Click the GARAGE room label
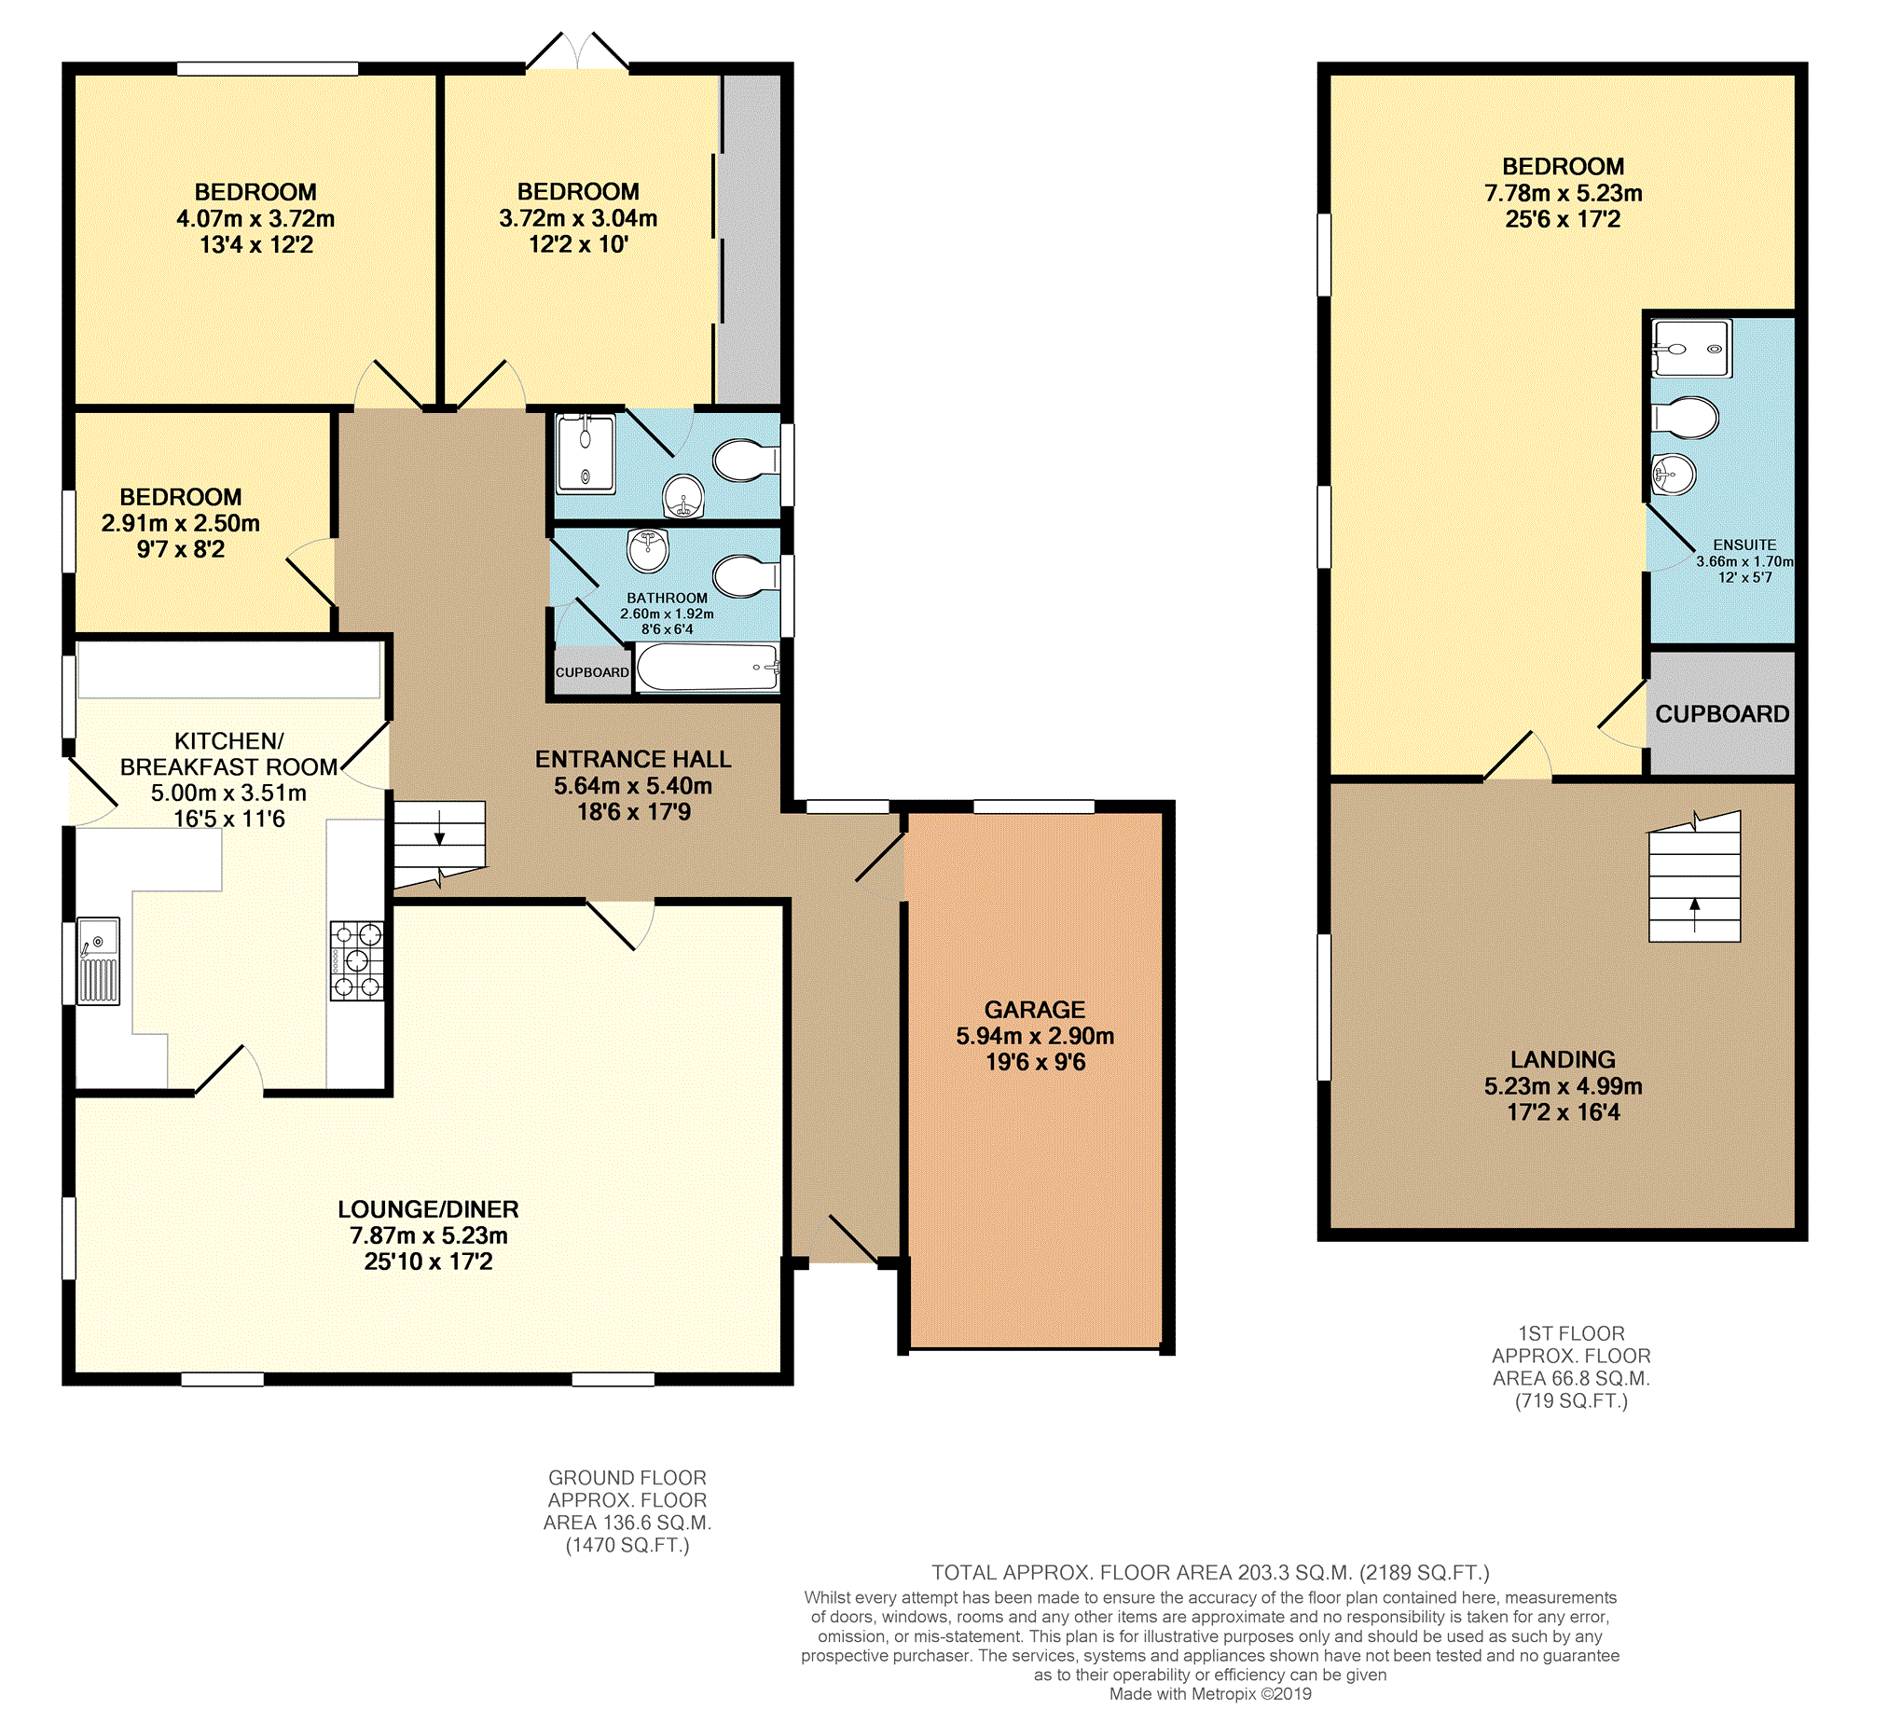tap(1034, 1010)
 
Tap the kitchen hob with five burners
tap(356, 959)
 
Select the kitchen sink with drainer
tap(98, 960)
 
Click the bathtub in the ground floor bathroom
tap(708, 668)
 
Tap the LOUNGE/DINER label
tap(428, 1209)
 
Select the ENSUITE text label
tap(1744, 545)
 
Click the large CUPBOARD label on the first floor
tap(1722, 714)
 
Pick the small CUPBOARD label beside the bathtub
tap(592, 672)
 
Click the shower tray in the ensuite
tap(1691, 349)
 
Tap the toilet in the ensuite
tap(1686, 417)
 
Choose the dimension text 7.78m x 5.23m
tap(1563, 194)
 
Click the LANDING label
tap(1563, 1059)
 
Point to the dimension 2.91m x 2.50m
tap(181, 523)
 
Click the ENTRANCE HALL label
tap(633, 760)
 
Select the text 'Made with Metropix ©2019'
tap(1210, 1693)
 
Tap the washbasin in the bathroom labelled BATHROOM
tap(648, 550)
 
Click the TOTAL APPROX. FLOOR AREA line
tap(1210, 1572)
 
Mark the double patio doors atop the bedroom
tap(577, 50)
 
